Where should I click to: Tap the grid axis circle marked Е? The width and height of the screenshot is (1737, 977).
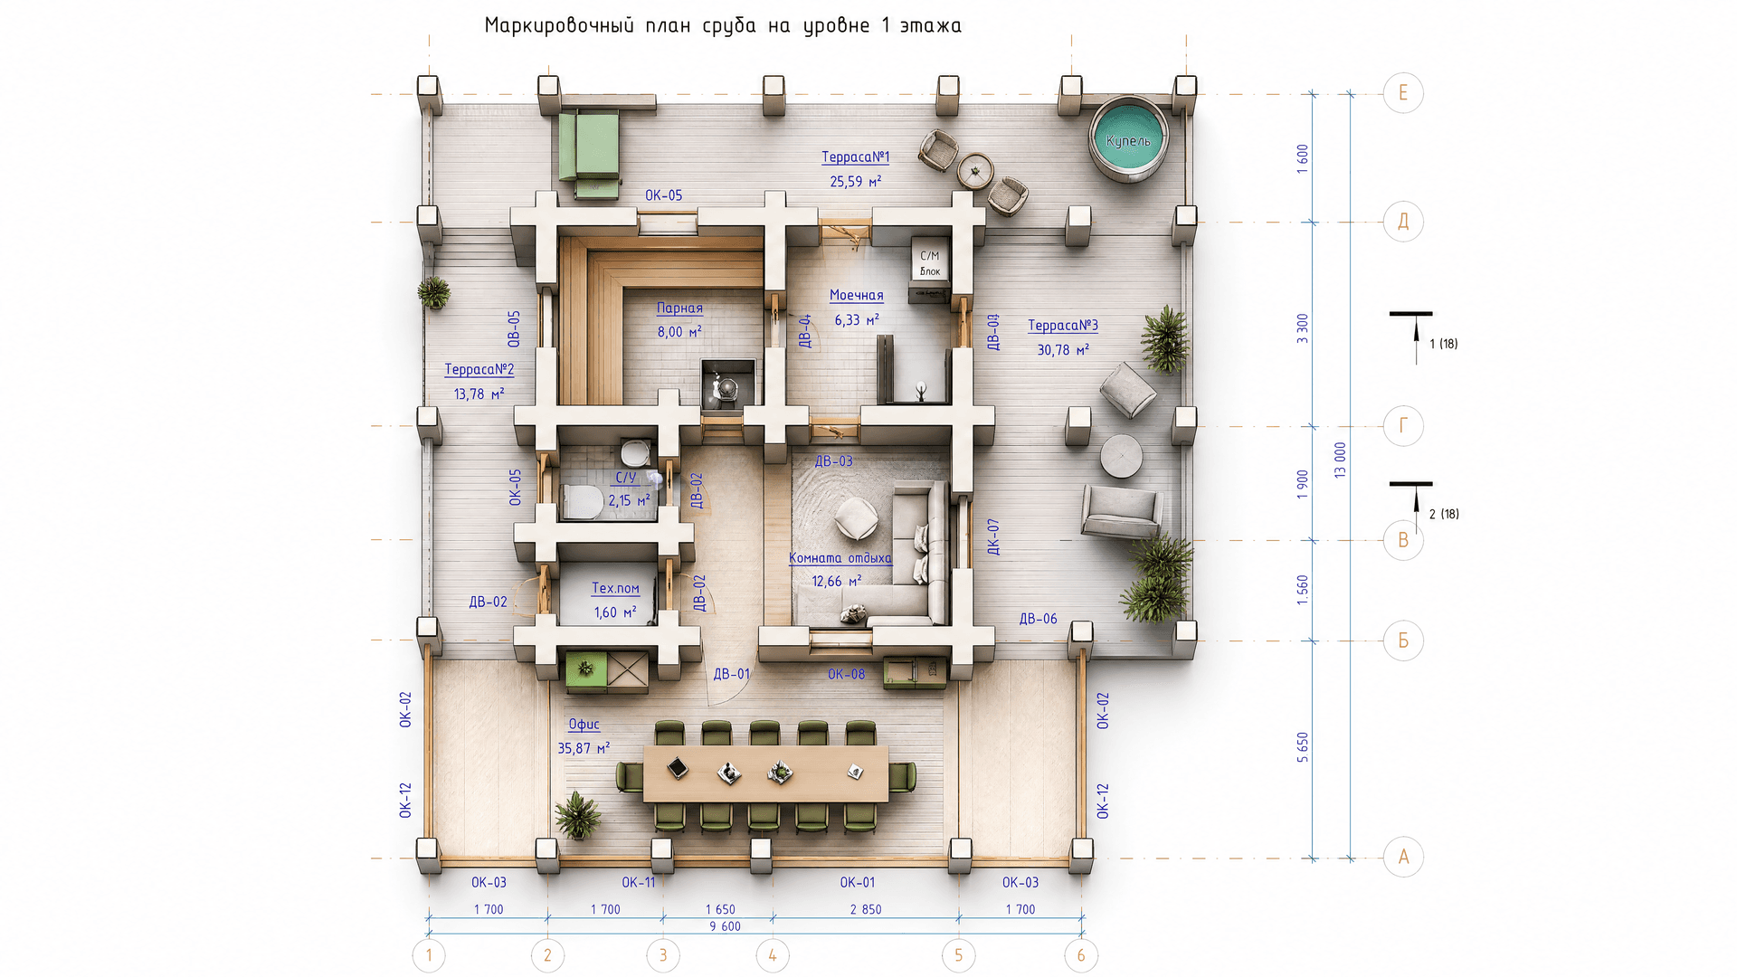1403,93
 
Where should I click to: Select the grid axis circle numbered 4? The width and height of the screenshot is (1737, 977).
773,955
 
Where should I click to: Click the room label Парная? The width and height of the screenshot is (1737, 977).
679,308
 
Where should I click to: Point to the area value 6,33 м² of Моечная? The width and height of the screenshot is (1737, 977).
857,320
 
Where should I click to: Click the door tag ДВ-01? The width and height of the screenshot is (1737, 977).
732,674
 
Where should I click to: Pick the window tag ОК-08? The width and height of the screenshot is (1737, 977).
846,674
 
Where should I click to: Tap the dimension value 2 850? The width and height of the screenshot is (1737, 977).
866,909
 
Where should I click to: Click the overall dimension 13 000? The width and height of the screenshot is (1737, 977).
1340,460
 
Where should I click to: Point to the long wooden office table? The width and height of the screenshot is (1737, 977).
765,774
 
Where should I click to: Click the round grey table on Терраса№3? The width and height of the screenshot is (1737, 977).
1122,456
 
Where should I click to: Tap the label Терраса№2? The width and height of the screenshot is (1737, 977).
479,370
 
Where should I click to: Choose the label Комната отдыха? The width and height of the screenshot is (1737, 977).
840,558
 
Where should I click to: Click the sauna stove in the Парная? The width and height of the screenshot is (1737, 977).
728,384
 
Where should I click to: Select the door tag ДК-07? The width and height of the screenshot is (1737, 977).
993,537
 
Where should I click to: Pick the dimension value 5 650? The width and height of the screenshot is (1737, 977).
1303,748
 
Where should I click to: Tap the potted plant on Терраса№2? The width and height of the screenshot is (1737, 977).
434,292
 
